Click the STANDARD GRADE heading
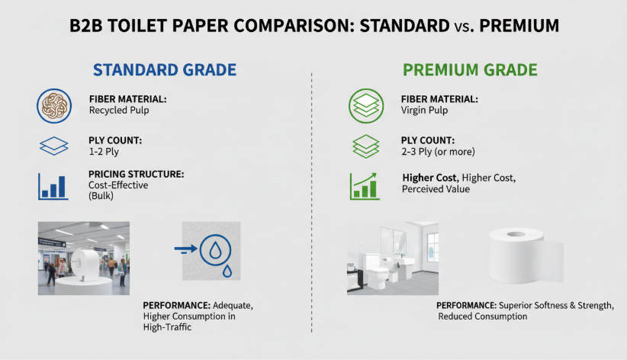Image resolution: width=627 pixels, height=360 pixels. (164, 70)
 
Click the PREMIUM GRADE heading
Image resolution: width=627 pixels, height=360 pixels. (470, 70)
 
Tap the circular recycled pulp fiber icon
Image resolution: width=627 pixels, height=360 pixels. (54, 106)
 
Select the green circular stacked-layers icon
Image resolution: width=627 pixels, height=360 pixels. (366, 106)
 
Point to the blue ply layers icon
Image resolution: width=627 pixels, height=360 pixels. (54, 146)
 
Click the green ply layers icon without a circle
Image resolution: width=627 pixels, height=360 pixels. (366, 146)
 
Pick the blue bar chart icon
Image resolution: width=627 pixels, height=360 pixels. (53, 186)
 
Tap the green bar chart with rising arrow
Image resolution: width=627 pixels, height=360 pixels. (365, 186)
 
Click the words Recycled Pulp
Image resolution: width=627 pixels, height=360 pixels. (119, 111)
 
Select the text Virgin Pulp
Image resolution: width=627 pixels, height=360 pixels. (424, 111)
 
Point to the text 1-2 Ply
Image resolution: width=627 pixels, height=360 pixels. (104, 152)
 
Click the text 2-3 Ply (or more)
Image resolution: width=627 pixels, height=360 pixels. (439, 152)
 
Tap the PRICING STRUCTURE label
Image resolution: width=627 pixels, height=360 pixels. (137, 174)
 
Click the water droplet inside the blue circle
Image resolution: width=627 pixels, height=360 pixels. (215, 251)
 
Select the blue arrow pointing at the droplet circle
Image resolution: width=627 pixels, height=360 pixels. (186, 249)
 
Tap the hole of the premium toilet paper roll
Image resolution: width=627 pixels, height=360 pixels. (516, 234)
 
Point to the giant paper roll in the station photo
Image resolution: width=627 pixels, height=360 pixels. (85, 265)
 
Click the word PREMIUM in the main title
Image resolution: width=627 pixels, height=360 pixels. (519, 26)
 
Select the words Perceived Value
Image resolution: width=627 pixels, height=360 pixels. (436, 189)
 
